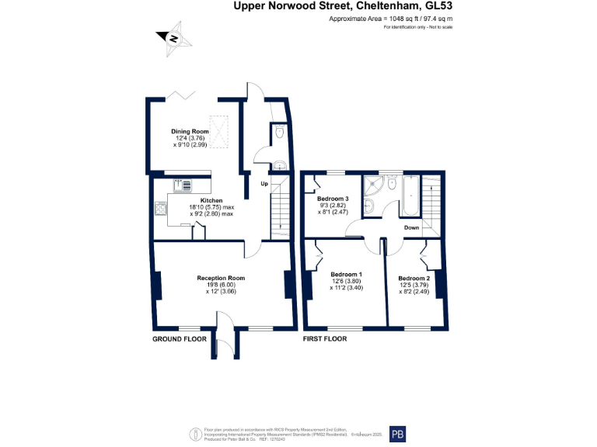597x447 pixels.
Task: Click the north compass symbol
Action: [x=173, y=38]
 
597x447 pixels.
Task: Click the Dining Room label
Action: [x=190, y=132]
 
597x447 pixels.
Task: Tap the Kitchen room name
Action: [x=200, y=200]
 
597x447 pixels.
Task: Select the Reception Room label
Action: [x=221, y=278]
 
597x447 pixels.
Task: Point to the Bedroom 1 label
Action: [x=346, y=275]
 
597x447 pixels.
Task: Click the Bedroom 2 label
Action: [x=414, y=278]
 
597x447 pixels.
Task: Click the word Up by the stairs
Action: [x=264, y=184]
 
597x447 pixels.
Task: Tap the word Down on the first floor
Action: [x=412, y=227]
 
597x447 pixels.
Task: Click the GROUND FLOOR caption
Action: [x=179, y=339]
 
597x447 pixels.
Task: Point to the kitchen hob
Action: [x=161, y=207]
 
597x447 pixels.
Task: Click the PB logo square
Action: [x=398, y=434]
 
